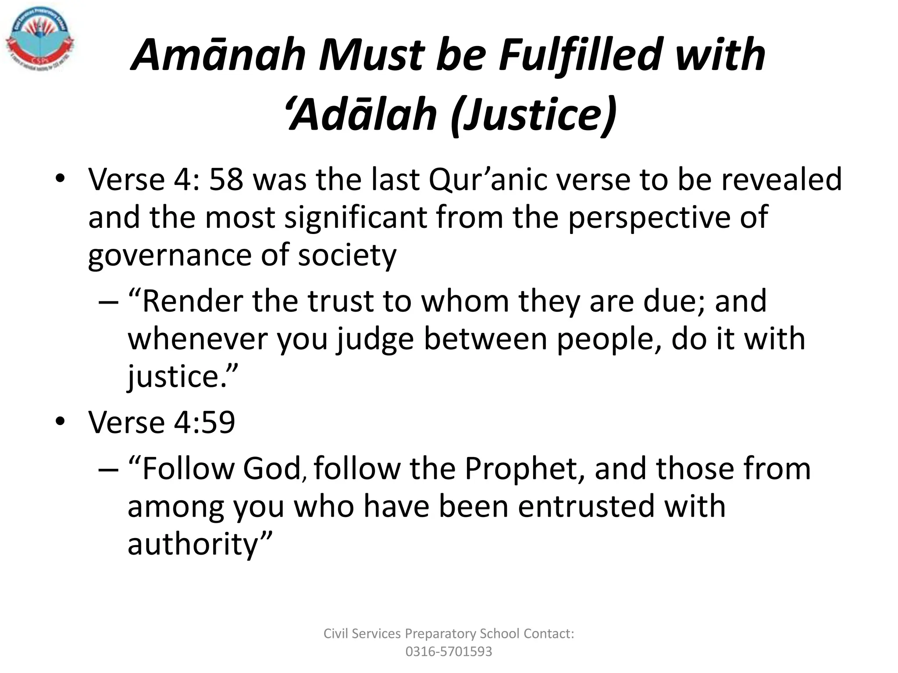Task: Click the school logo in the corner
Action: (40, 40)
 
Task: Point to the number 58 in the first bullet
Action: (226, 180)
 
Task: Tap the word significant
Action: (356, 217)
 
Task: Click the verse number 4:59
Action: (204, 422)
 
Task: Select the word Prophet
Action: (524, 469)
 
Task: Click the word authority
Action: (193, 545)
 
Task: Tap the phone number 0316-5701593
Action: (449, 652)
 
